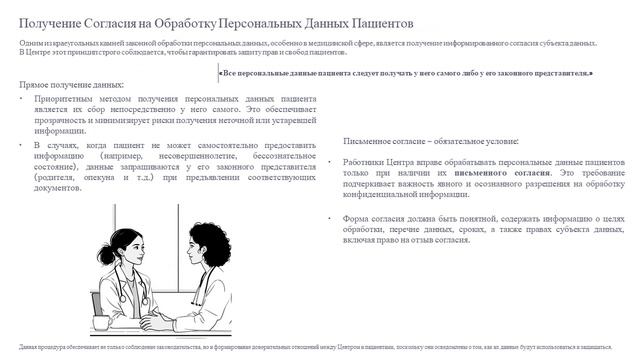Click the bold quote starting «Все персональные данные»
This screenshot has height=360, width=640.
coord(405,73)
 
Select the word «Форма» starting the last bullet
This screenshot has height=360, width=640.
coord(357,216)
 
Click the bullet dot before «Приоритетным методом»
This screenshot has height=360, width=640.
coord(23,102)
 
